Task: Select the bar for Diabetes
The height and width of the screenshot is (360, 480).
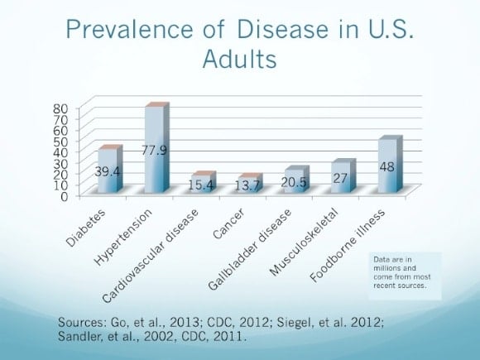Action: point(110,169)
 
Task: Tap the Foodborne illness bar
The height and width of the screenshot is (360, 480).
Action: point(391,164)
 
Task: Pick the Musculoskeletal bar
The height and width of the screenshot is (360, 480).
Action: point(343,176)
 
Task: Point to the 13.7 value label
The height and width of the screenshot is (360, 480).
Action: point(247,185)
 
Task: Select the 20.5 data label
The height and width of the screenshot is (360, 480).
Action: point(294,182)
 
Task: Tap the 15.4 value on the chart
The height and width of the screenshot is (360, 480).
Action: point(200,185)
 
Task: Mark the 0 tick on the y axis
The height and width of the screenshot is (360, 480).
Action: point(64,196)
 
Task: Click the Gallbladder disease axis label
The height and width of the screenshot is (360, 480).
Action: point(249,249)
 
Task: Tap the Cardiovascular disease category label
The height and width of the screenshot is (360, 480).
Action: point(150,257)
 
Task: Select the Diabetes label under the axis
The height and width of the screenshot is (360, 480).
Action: point(86,228)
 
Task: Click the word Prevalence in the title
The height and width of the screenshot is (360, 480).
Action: point(129,30)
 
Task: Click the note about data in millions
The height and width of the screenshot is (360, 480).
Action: point(401,272)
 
